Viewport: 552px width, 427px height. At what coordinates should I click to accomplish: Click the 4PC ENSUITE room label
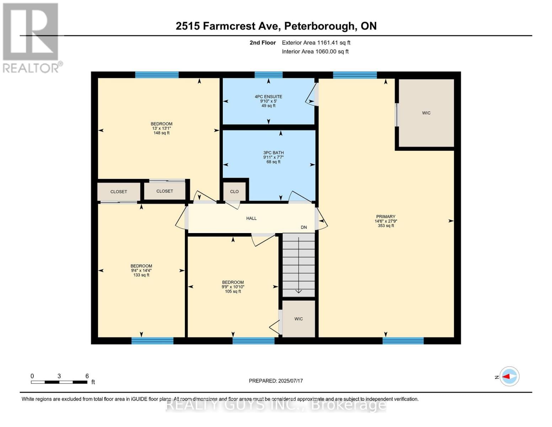click(x=268, y=97)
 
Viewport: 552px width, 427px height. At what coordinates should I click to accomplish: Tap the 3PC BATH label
click(x=273, y=153)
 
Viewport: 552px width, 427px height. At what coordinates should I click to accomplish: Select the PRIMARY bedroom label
click(x=386, y=217)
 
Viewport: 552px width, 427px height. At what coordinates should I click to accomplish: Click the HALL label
click(x=251, y=218)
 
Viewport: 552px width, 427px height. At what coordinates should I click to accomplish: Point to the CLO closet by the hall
click(x=234, y=191)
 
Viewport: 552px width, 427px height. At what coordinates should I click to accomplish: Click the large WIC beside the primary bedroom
click(x=426, y=113)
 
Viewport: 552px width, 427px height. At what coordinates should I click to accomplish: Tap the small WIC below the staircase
click(x=299, y=319)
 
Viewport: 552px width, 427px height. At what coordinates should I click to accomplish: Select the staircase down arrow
click(x=299, y=291)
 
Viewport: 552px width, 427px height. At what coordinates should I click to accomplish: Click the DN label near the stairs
click(x=304, y=227)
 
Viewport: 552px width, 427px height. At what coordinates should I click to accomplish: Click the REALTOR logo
click(x=31, y=37)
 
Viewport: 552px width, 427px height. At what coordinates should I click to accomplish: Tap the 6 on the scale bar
click(x=87, y=376)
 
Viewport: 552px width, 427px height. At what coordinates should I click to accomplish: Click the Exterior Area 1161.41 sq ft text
click(x=316, y=43)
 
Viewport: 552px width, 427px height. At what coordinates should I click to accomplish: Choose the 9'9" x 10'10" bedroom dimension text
click(x=233, y=287)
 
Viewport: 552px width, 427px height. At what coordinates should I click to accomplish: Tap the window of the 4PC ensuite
click(x=268, y=75)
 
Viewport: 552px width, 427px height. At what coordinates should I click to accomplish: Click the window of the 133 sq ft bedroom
click(x=152, y=341)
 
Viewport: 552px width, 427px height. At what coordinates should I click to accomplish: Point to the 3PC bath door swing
click(x=300, y=197)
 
